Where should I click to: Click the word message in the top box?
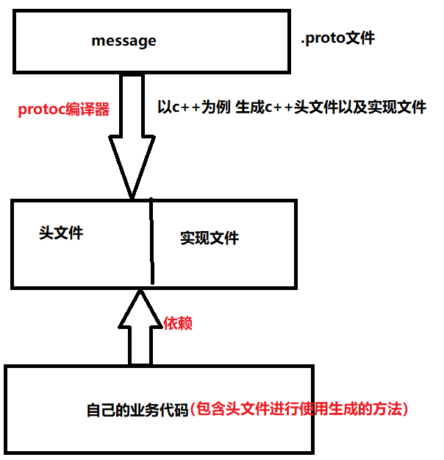(x=123, y=41)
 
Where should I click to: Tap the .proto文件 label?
(x=337, y=38)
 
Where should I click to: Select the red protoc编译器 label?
(x=64, y=110)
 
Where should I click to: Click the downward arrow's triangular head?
(x=132, y=166)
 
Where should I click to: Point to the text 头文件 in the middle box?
(x=61, y=233)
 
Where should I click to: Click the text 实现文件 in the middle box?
(x=210, y=238)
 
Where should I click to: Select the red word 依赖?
(x=177, y=323)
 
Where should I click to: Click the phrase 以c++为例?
(x=194, y=107)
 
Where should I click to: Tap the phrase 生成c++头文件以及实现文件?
(x=331, y=107)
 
